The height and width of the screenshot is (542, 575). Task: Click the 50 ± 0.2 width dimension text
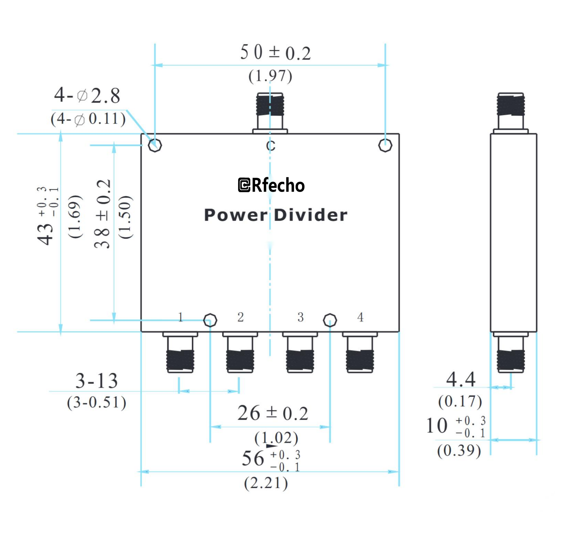(275, 53)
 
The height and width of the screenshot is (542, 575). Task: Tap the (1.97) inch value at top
(270, 76)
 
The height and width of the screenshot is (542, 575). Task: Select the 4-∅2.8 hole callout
(87, 96)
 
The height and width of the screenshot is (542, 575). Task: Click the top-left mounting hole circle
(155, 145)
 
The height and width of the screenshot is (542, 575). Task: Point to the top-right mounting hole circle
(385, 145)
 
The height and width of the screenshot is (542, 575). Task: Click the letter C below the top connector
(271, 146)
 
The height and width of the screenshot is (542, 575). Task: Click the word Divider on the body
(311, 215)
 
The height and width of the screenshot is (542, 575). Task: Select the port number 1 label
(180, 317)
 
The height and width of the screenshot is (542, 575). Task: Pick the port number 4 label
(360, 317)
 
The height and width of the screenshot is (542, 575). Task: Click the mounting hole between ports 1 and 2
(210, 320)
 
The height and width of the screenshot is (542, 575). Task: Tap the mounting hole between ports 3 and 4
(330, 320)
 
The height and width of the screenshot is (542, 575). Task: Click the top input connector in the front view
(270, 109)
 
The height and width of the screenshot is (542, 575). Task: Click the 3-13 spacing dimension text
(96, 381)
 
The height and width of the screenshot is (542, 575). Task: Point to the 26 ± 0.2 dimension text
(273, 413)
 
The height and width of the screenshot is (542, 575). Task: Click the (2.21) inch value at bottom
(266, 483)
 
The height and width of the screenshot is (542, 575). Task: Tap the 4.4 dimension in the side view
(461, 380)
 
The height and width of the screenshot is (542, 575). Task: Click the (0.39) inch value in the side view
(459, 450)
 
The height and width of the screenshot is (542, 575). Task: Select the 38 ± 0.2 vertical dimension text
(102, 214)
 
